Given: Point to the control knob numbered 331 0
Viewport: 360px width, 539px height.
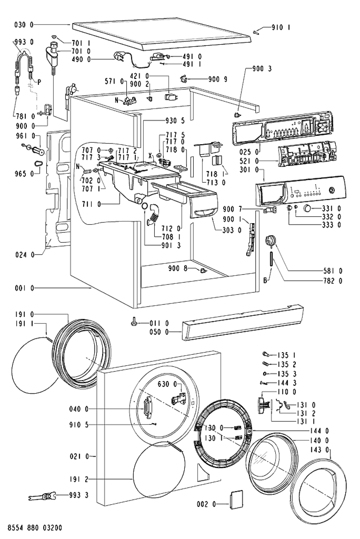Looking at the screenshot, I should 308,208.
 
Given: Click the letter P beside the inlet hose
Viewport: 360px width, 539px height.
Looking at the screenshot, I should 39,82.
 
